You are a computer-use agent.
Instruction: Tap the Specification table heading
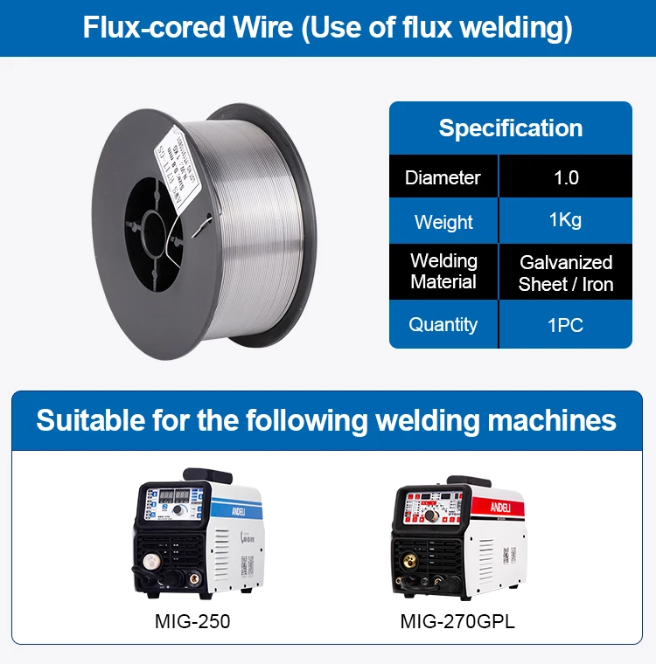click(x=510, y=128)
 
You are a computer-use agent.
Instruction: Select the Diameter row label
click(x=443, y=177)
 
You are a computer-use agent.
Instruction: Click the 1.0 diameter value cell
click(x=566, y=177)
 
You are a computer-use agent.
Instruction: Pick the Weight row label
click(x=443, y=222)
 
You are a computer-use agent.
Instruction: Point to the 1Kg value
click(x=566, y=220)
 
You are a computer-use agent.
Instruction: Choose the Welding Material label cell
click(x=443, y=272)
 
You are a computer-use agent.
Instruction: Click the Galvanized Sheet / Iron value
click(x=566, y=273)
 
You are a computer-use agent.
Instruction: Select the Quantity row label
click(x=443, y=325)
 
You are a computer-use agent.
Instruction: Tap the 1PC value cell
click(x=566, y=325)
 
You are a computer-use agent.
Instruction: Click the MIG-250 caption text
click(x=192, y=622)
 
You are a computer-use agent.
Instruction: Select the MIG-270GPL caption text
click(x=457, y=622)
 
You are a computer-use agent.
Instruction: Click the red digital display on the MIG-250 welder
click(x=171, y=495)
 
